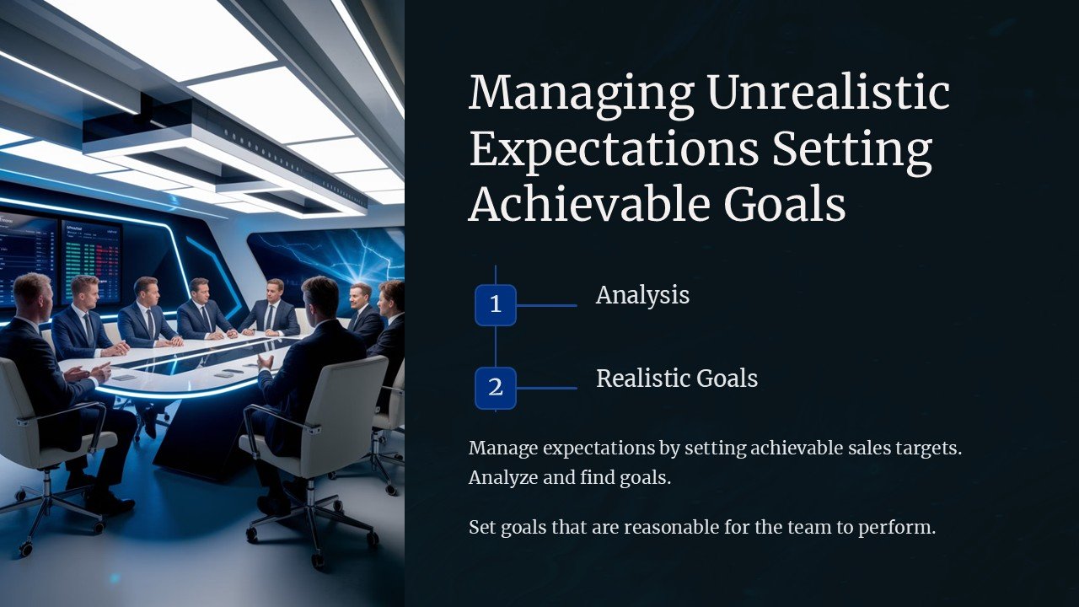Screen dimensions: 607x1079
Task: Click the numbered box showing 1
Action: point(496,305)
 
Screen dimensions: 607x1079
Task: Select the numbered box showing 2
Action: point(496,388)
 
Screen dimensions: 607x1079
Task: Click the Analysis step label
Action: point(642,295)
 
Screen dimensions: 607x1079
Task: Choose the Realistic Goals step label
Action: point(677,379)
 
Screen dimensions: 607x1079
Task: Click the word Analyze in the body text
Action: point(501,478)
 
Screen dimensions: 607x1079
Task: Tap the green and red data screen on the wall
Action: point(91,261)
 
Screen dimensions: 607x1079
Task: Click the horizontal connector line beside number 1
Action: point(546,305)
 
